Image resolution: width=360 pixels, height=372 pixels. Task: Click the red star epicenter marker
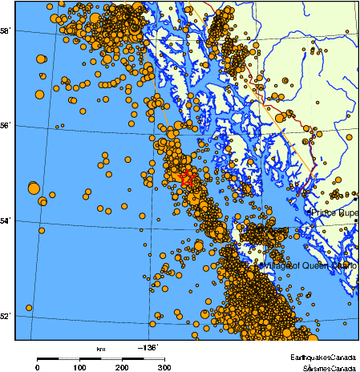(x=187, y=178)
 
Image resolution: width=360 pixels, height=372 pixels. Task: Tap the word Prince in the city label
(x=324, y=212)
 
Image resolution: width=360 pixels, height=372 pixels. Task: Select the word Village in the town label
(x=277, y=265)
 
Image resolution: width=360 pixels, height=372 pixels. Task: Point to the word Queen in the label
(x=313, y=265)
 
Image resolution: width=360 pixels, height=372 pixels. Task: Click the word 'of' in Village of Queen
(x=295, y=265)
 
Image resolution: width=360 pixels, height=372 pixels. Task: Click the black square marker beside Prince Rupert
(x=308, y=212)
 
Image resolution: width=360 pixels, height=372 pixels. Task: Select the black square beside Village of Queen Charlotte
(x=261, y=265)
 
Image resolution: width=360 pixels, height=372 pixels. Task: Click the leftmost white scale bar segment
(x=69, y=358)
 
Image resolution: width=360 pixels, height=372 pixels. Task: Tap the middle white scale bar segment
(x=111, y=358)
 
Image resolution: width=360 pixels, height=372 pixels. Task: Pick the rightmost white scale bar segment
(x=154, y=358)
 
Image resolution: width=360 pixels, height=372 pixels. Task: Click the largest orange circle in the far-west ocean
(x=34, y=188)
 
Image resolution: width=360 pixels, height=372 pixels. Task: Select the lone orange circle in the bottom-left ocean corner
(x=29, y=307)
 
